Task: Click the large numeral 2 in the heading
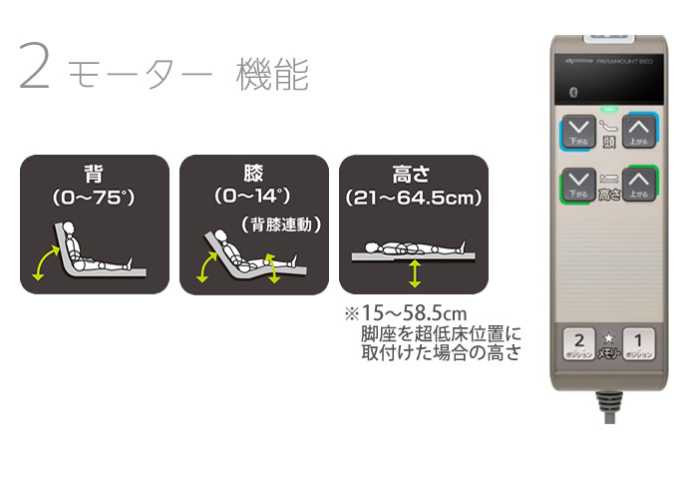point(34,72)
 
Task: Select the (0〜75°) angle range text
point(95,198)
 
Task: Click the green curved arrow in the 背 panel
point(45,264)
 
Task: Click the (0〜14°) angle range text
point(253,198)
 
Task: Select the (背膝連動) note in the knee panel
point(282,225)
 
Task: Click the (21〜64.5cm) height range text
point(413,198)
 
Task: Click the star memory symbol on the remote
point(610,338)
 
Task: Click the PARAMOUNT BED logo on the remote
point(618,61)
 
